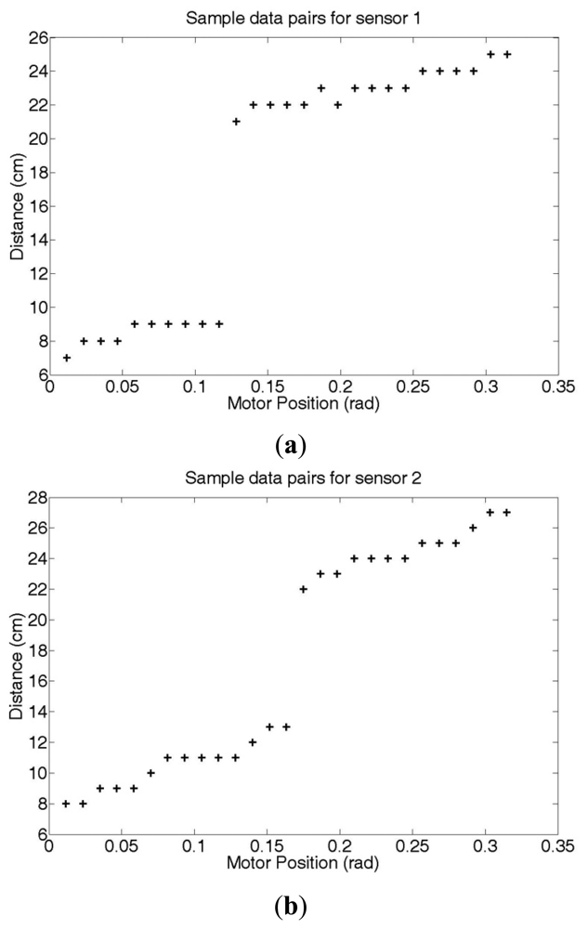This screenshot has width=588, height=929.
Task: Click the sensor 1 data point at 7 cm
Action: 66,358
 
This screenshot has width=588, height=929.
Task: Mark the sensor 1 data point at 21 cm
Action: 236,122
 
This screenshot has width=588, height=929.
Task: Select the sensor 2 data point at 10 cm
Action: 150,772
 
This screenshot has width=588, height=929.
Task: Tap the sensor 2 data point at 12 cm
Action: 253,741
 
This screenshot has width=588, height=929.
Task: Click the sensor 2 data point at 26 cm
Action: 473,528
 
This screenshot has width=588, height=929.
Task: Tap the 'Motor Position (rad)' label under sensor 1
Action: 304,403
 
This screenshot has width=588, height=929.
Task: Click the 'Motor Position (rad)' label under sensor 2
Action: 304,861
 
